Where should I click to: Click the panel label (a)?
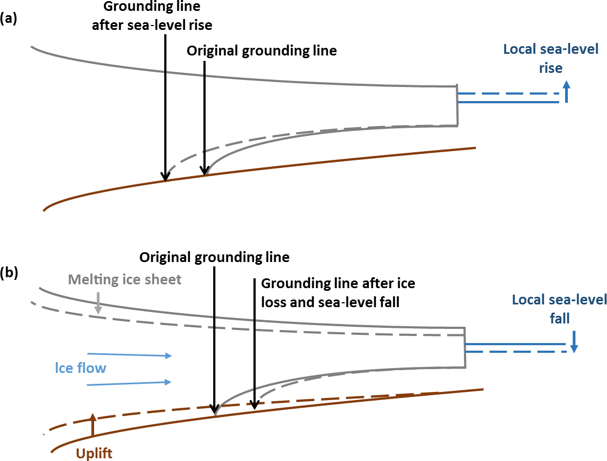(9, 18)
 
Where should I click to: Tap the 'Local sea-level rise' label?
(550, 59)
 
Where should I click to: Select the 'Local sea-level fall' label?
(559, 308)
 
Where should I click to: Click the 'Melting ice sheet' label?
(125, 279)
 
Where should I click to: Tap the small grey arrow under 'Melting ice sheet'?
(98, 303)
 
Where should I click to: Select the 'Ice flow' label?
(80, 368)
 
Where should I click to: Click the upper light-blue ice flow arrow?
(129, 355)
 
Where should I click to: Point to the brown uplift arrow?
(92, 425)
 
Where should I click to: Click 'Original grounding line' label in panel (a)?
(262, 51)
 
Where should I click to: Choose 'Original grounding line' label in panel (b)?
(214, 256)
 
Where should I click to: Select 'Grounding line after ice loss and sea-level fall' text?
(338, 292)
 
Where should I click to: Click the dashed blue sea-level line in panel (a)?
(506, 94)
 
